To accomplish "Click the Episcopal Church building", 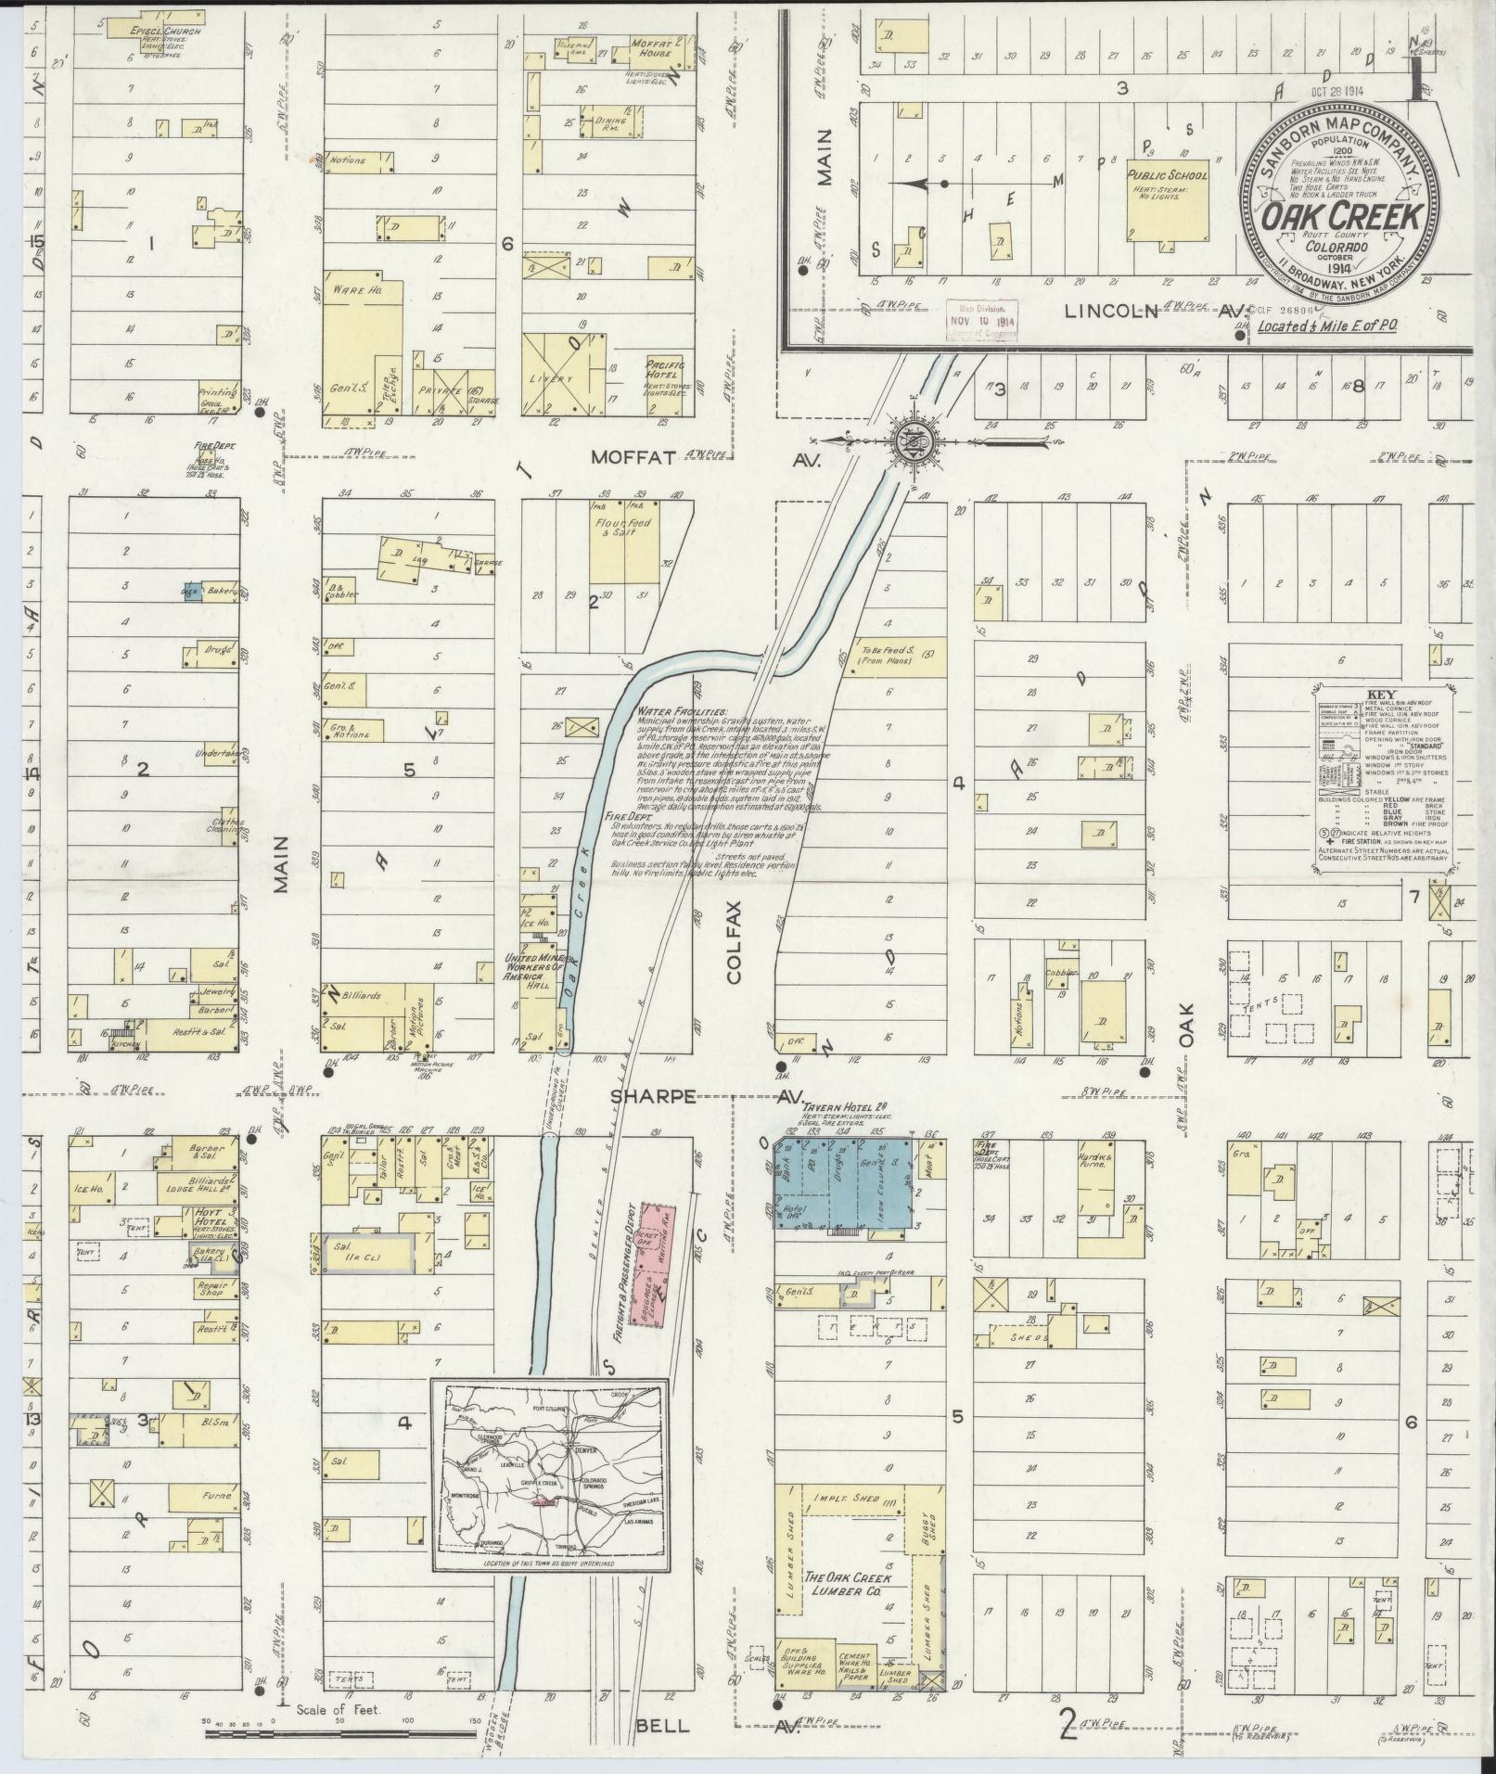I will pyautogui.click(x=153, y=26).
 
